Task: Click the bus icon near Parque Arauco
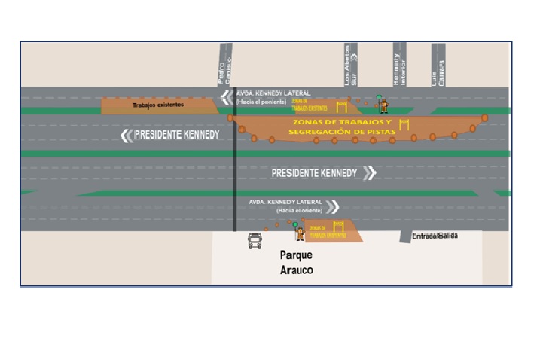click(x=255, y=240)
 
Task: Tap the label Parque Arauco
click(x=295, y=262)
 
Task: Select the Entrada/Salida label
click(x=435, y=236)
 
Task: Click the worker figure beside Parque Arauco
click(x=300, y=233)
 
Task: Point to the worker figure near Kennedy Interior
click(x=383, y=105)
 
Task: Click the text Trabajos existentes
click(x=157, y=105)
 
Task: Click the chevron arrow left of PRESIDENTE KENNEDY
click(x=126, y=136)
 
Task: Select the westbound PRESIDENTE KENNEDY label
click(x=177, y=136)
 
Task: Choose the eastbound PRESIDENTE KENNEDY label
click(x=314, y=173)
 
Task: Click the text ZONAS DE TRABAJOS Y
click(x=343, y=122)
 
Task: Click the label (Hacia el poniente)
click(x=258, y=101)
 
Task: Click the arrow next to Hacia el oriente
click(x=332, y=206)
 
